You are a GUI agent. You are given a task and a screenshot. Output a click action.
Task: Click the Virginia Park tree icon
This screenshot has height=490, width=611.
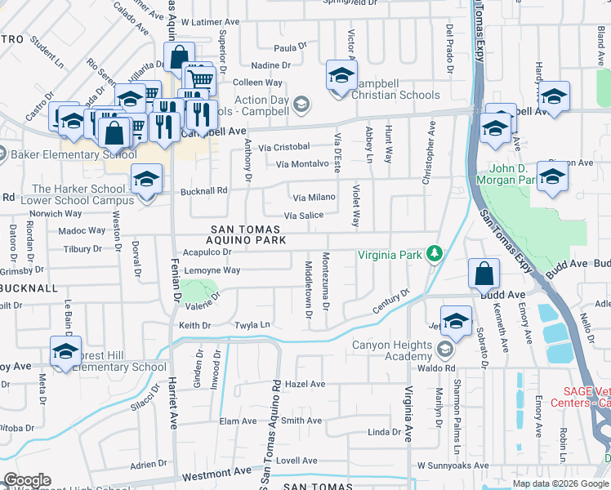[435, 255]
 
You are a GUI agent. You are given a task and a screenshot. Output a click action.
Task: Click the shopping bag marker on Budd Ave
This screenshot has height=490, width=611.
[484, 274]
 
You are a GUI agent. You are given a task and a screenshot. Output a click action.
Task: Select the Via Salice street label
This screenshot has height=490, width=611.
[303, 216]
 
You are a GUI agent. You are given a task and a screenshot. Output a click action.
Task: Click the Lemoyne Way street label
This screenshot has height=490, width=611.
[213, 270]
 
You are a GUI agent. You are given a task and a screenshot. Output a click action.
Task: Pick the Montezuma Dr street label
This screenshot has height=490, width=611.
[326, 282]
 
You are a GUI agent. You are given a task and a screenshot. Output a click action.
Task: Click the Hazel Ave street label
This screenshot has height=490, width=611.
[305, 384]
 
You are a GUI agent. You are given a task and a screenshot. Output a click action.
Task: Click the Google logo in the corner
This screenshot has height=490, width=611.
[27, 480]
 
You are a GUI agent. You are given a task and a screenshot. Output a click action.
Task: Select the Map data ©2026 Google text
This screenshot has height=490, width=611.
[560, 483]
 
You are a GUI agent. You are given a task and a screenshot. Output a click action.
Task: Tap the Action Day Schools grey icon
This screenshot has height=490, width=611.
[301, 104]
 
